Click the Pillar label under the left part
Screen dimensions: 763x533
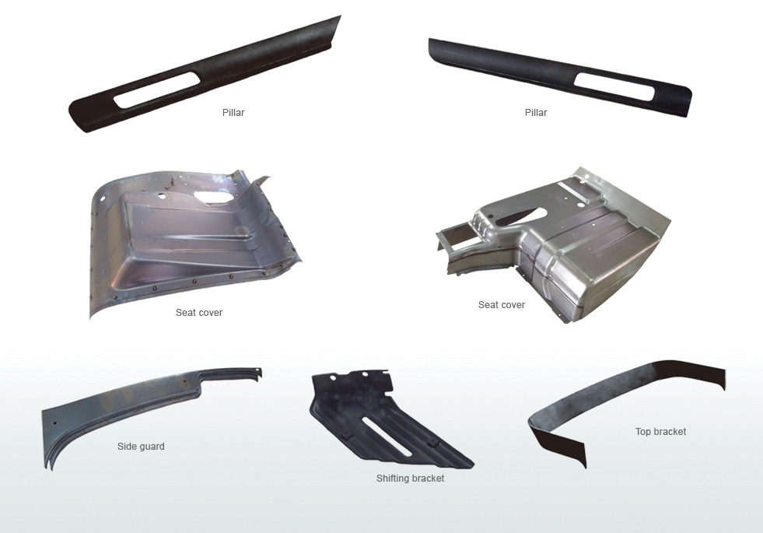coord(233,113)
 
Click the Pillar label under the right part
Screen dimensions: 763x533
coord(536,113)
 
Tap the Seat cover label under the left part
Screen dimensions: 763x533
coord(199,313)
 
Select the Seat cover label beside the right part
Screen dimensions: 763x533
coord(502,305)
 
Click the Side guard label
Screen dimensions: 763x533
coord(141,447)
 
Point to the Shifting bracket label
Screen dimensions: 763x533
coord(410,479)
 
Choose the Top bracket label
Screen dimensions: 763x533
coord(661,432)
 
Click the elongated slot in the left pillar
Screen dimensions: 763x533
coord(156,90)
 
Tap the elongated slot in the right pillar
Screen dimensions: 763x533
coord(614,86)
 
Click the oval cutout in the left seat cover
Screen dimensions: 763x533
coord(213,197)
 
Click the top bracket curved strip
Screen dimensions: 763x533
coord(604,389)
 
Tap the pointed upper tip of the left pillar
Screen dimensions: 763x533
coord(340,16)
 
